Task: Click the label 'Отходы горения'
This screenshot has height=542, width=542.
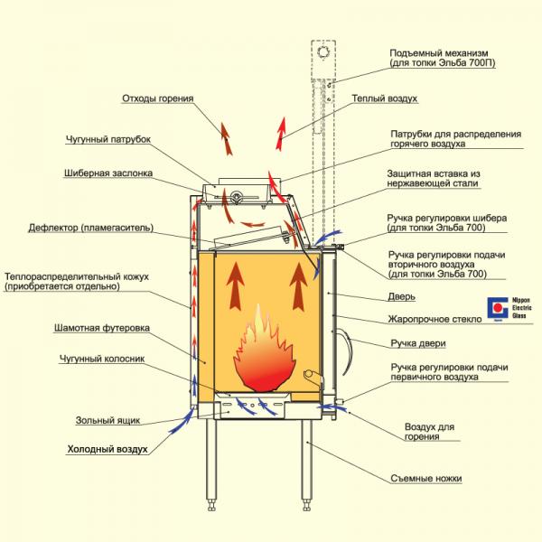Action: [157, 98]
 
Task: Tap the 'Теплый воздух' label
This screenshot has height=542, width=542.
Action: [385, 98]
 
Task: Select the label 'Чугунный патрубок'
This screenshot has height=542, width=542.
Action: [108, 139]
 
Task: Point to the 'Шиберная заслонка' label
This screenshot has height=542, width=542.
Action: [108, 173]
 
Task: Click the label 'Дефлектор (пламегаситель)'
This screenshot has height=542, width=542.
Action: [91, 228]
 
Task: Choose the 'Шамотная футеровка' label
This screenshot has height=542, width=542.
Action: [102, 328]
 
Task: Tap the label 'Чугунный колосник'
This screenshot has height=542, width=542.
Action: [102, 359]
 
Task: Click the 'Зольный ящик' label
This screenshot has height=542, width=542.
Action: [107, 420]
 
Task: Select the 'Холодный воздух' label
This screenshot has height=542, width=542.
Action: [107, 449]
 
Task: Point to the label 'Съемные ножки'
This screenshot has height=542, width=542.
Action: [426, 479]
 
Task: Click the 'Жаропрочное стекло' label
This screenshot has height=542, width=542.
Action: [435, 319]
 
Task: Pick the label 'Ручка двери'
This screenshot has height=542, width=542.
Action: [418, 343]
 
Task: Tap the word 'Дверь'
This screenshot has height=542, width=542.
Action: [401, 296]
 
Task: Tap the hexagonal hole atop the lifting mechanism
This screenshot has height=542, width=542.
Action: [323, 52]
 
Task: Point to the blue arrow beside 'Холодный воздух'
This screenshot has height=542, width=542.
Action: [182, 420]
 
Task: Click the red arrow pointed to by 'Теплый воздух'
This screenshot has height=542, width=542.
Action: [281, 134]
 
